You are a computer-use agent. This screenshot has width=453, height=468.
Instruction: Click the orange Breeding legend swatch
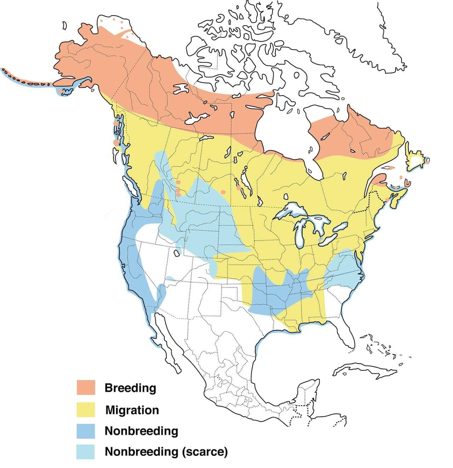pos(86,387)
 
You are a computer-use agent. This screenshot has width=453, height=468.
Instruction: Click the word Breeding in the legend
pos(130,388)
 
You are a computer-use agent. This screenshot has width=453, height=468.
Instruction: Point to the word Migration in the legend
pos(132,410)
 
